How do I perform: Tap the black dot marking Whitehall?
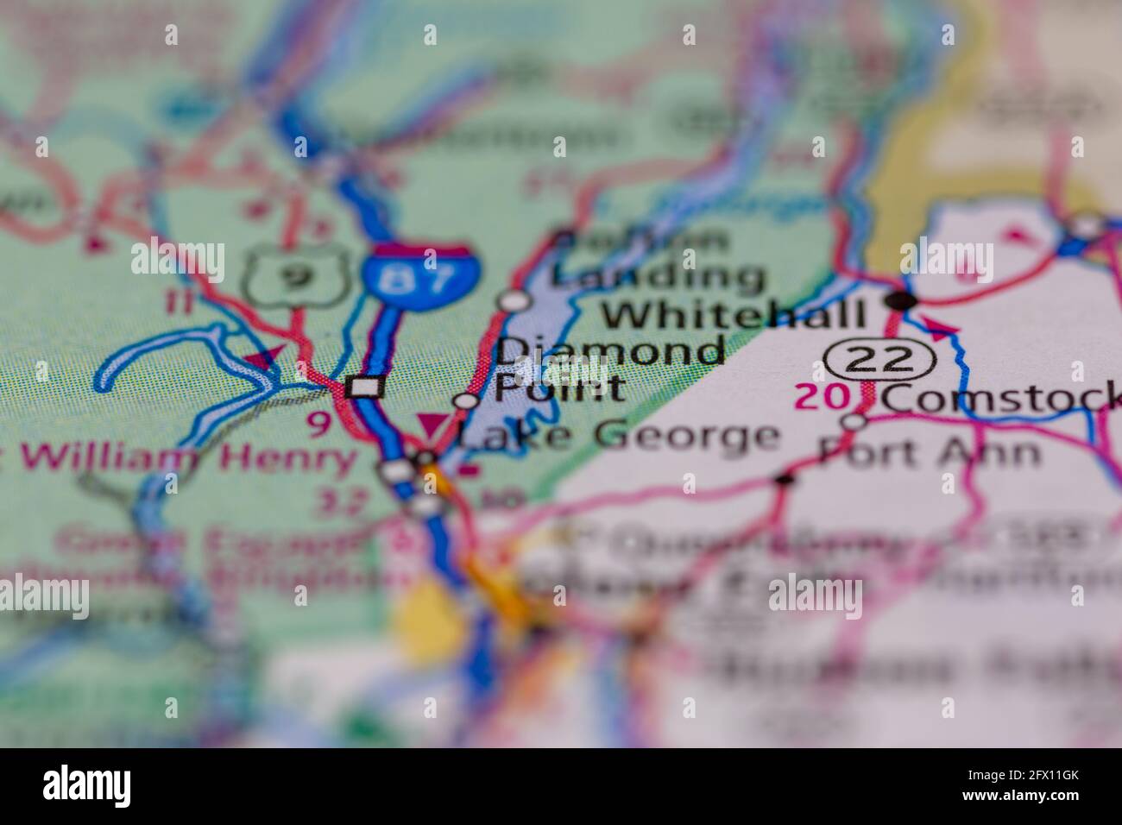point(903,300)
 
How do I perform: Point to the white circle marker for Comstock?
point(854,421)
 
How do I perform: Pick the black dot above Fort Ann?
point(784,479)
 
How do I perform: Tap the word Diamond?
point(610,352)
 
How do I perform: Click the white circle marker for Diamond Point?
point(466,400)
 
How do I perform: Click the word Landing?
point(659,276)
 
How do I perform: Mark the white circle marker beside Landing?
point(515,300)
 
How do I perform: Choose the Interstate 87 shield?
point(419,272)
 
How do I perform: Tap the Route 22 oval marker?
point(879,358)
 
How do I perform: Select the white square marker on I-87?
point(366,387)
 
